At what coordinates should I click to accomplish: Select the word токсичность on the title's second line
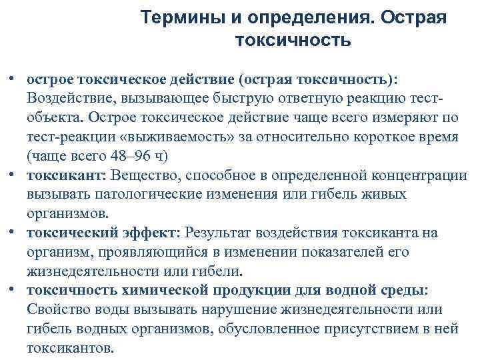pos(293,41)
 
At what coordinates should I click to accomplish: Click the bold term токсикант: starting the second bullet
pos(67,175)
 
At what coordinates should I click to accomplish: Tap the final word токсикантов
pos(71,348)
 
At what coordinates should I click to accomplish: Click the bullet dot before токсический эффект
pos(13,232)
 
